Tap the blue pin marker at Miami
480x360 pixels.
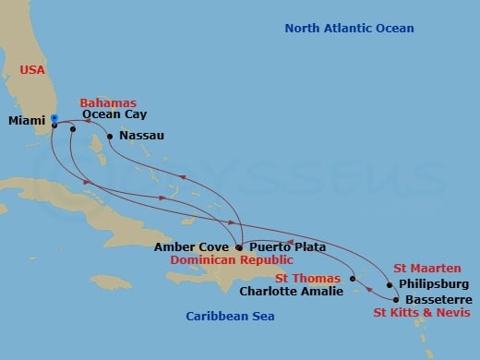click(54, 118)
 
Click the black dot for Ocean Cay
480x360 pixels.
click(72, 129)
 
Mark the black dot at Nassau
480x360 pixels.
click(111, 137)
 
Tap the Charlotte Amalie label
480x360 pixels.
click(291, 291)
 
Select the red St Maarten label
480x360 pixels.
click(426, 268)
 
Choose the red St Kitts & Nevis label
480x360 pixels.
click(422, 315)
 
